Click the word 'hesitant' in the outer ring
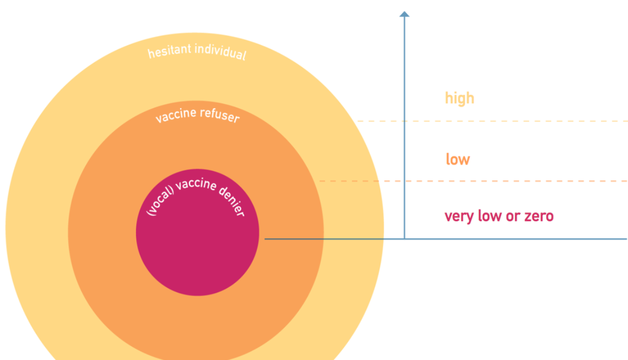pyautogui.click(x=169, y=51)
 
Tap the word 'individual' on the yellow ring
pyautogui.click(x=221, y=52)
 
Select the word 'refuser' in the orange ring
pyautogui.click(x=219, y=115)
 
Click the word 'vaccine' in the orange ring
pyautogui.click(x=176, y=115)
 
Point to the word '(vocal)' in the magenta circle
pyautogui.click(x=160, y=201)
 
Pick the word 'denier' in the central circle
pyautogui.click(x=232, y=201)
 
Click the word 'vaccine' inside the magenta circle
pyautogui.click(x=196, y=184)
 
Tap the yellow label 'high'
pyautogui.click(x=460, y=99)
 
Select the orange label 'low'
pyautogui.click(x=458, y=159)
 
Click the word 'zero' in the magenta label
pyautogui.click(x=539, y=216)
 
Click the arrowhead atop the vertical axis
pyautogui.click(x=404, y=14)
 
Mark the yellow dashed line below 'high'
pyautogui.click(x=492, y=121)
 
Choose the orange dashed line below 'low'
pyautogui.click(x=473, y=181)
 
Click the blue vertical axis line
pyautogui.click(x=404, y=127)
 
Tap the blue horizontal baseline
pyautogui.click(x=446, y=239)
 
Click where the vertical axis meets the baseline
pyautogui.click(x=404, y=239)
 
